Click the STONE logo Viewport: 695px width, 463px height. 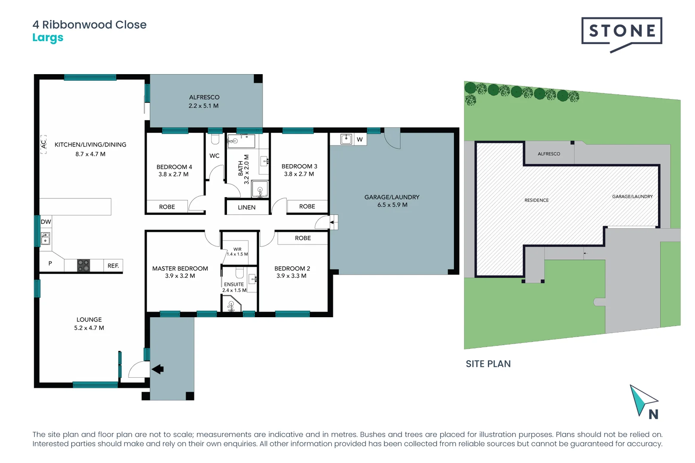pyautogui.click(x=622, y=32)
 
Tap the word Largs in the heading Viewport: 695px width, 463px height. pyautogui.click(x=48, y=38)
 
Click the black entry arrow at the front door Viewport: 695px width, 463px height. pyautogui.click(x=157, y=369)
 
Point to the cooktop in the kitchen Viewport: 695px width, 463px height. pyautogui.click(x=83, y=265)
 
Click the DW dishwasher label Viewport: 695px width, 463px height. pyautogui.click(x=46, y=222)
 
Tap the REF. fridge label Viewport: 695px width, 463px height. pyautogui.click(x=113, y=266)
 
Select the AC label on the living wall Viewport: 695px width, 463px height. pyautogui.click(x=43, y=144)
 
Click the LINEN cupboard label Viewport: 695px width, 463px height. pyautogui.click(x=247, y=207)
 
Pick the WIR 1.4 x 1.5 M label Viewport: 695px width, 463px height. pyautogui.click(x=237, y=252)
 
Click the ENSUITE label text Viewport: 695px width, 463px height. pyautogui.click(x=234, y=284)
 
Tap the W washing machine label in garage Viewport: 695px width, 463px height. pyautogui.click(x=360, y=139)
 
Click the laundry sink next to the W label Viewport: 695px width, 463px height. pyautogui.click(x=346, y=139)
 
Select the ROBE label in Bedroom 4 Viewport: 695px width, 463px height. pyautogui.click(x=167, y=207)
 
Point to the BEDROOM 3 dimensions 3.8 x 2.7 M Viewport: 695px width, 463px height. pyautogui.click(x=299, y=174)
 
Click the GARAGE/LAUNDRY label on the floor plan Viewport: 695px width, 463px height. pyautogui.click(x=392, y=197)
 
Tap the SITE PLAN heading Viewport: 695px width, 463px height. pyautogui.click(x=488, y=364)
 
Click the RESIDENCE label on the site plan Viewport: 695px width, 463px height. pyautogui.click(x=536, y=200)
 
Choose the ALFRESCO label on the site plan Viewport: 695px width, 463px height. pyautogui.click(x=549, y=154)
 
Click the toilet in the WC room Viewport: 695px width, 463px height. pyautogui.click(x=215, y=139)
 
